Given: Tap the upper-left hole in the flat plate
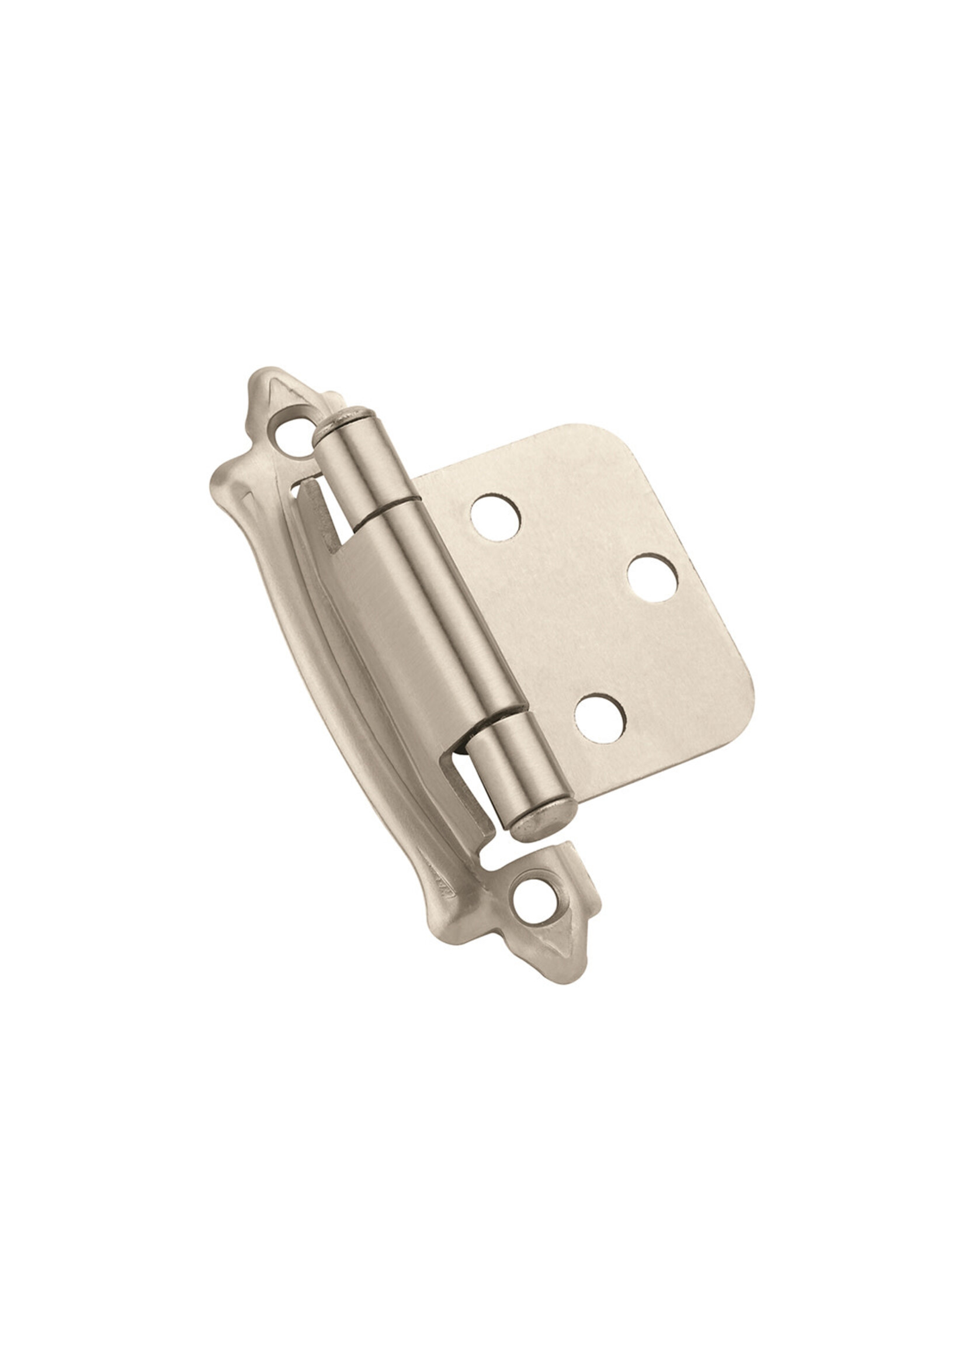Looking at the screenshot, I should point(495,518).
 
